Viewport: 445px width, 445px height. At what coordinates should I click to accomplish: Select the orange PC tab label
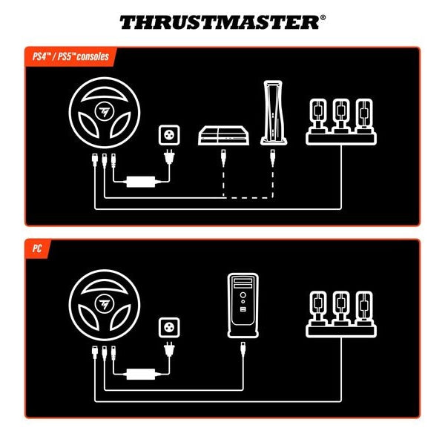36,248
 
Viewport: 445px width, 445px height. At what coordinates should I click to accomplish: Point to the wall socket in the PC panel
170,329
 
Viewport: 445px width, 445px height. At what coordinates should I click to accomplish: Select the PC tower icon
243,302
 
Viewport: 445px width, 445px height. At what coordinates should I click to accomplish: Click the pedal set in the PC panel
340,314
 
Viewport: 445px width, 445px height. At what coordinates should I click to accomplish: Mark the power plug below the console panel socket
170,158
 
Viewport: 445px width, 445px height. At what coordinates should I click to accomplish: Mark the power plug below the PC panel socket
170,349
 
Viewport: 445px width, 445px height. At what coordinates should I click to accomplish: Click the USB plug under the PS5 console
273,156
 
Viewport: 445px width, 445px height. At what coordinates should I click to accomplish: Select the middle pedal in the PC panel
340,309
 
